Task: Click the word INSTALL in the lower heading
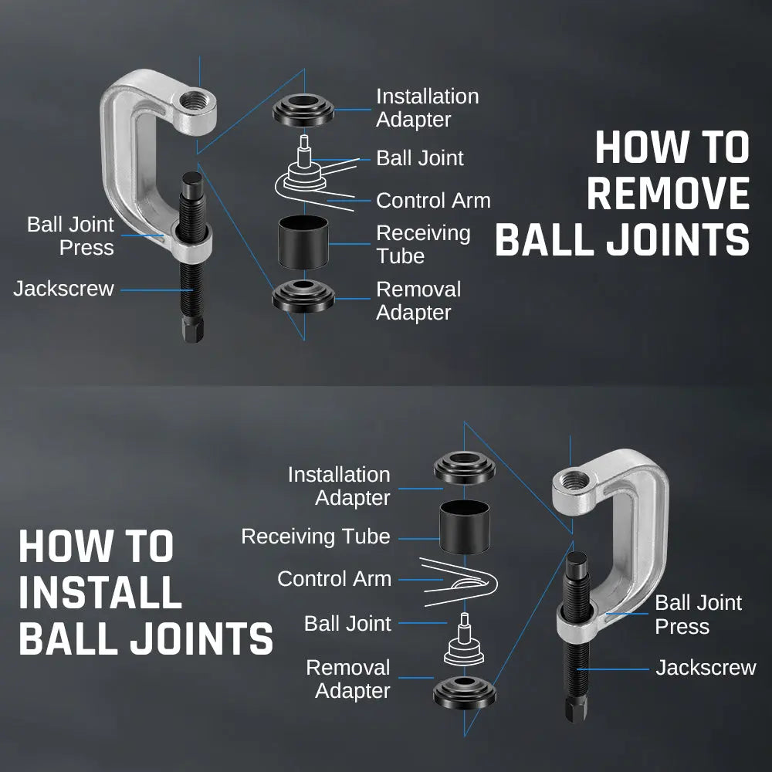tap(100, 593)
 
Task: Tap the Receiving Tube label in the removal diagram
tap(422, 244)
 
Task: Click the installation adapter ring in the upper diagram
tap(303, 110)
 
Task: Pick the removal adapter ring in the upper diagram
tap(303, 297)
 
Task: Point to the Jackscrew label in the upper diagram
tap(63, 289)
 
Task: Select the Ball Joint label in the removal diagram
tap(420, 158)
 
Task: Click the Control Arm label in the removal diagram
tap(433, 201)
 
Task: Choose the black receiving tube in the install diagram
tap(464, 523)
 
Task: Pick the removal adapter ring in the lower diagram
tap(464, 692)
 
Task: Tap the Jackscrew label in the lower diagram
tap(706, 668)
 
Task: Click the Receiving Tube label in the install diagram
tap(316, 537)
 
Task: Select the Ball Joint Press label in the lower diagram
tap(698, 615)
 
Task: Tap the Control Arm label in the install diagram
tap(334, 579)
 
